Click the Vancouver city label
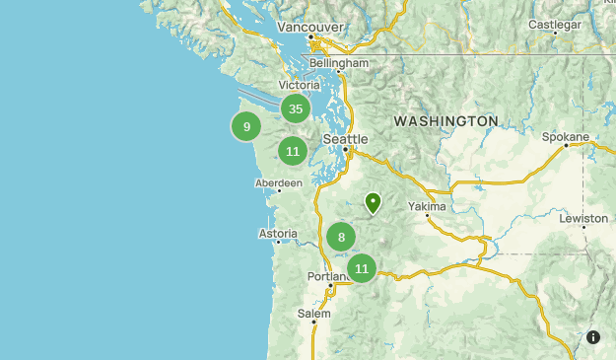click(x=309, y=28)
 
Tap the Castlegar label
click(x=555, y=23)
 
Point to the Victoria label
click(x=300, y=86)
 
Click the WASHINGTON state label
click(x=445, y=120)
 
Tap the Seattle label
click(x=345, y=139)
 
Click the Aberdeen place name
click(x=278, y=183)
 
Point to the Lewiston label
click(x=583, y=217)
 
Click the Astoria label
click(x=277, y=234)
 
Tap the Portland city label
click(x=328, y=277)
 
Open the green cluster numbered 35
click(x=295, y=109)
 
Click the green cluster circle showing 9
click(x=246, y=126)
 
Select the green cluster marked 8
click(x=341, y=237)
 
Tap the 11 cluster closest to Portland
click(x=362, y=268)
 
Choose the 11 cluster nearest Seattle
click(x=292, y=151)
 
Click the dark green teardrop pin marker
click(x=374, y=203)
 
